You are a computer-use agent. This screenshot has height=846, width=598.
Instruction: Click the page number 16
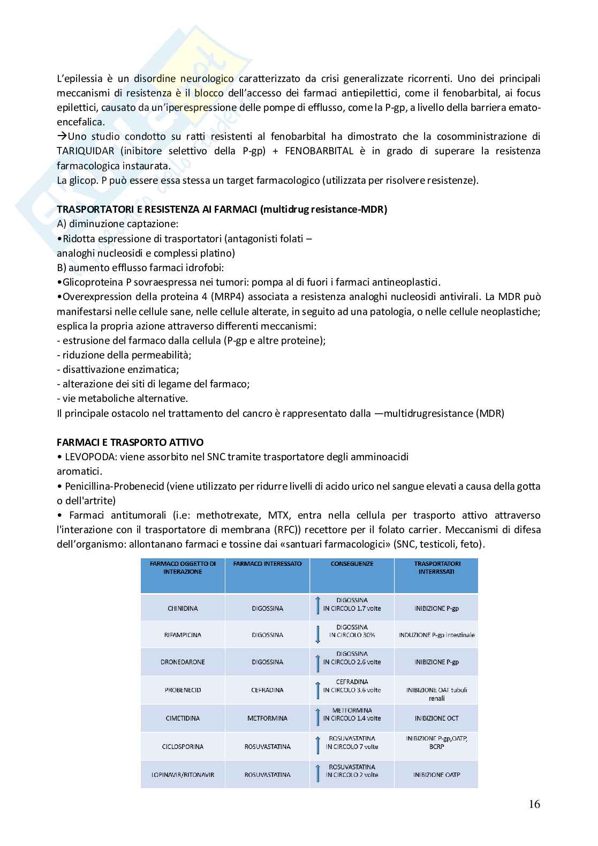click(x=534, y=804)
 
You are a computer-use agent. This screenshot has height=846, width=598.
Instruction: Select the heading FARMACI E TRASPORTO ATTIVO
click(x=130, y=443)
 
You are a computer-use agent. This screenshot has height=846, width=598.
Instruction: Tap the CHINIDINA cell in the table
click(x=183, y=609)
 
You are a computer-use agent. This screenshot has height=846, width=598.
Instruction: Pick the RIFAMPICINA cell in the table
click(x=183, y=635)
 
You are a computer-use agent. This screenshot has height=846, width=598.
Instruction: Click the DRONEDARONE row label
click(x=183, y=662)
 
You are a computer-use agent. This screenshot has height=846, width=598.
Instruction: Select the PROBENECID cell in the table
click(x=183, y=690)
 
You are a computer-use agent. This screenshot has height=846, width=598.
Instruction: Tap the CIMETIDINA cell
click(x=183, y=718)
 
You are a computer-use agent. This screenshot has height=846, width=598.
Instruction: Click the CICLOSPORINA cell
click(x=183, y=746)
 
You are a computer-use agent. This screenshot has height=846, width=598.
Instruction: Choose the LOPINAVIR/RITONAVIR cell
click(x=183, y=775)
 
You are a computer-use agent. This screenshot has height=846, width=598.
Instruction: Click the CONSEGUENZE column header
click(x=352, y=564)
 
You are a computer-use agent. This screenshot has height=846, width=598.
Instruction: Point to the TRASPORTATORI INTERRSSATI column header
click(x=436, y=567)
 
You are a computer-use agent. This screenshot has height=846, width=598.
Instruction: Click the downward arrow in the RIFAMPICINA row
click(x=317, y=635)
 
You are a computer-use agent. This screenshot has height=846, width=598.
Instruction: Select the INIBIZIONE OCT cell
click(x=436, y=718)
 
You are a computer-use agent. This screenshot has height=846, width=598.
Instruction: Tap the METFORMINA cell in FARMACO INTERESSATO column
click(x=267, y=718)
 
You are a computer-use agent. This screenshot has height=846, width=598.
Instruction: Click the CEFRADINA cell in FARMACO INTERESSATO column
click(x=267, y=690)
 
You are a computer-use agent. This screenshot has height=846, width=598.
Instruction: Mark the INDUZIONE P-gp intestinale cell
click(x=436, y=635)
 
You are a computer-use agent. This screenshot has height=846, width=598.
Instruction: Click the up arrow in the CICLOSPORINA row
click(x=317, y=746)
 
